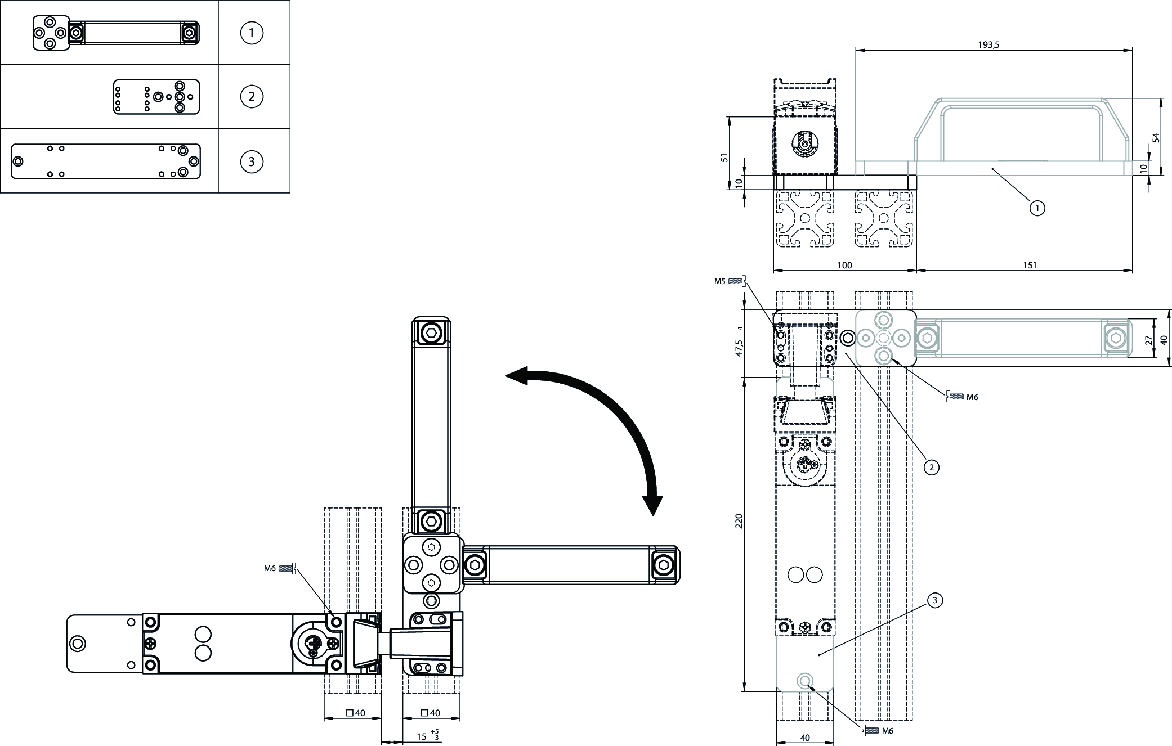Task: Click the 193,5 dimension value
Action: click(988, 46)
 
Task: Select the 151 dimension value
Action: click(1029, 266)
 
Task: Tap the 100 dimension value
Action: click(844, 266)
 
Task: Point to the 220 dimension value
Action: click(739, 520)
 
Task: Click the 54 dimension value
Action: click(1156, 137)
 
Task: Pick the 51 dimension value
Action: click(724, 158)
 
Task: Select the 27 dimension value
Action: click(1148, 340)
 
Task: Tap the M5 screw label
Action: click(720, 281)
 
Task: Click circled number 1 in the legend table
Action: click(251, 33)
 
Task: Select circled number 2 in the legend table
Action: click(251, 97)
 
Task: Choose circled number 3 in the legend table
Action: click(251, 162)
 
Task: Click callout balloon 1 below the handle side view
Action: click(1037, 208)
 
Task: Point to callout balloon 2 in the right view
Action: click(931, 467)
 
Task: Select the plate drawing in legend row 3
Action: click(106, 161)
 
